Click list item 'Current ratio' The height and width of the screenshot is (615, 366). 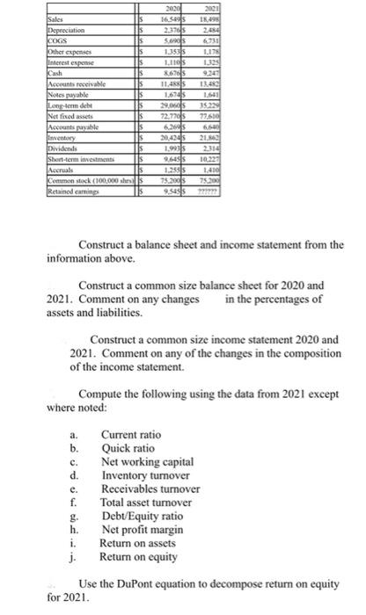click(x=131, y=434)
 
